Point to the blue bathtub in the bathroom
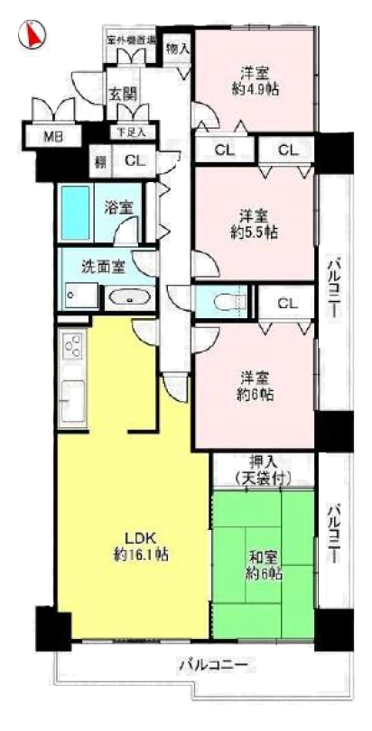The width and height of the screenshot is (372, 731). (x=79, y=212)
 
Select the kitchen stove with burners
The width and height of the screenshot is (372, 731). (x=71, y=348)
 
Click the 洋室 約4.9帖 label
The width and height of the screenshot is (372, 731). (x=255, y=80)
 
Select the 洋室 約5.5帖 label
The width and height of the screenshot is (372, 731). (x=255, y=223)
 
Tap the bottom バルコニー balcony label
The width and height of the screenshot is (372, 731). (x=212, y=666)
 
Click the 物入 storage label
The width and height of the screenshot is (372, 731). (x=178, y=49)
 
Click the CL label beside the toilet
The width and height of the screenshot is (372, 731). (x=288, y=302)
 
